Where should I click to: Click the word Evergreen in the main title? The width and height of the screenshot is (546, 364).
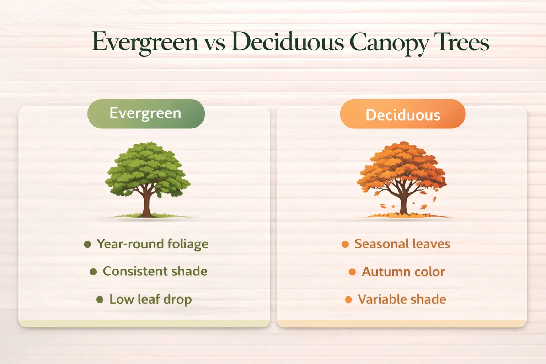[x=145, y=42]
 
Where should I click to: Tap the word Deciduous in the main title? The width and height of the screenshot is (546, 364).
[x=288, y=42]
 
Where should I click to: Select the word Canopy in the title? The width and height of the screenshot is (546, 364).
[x=389, y=43]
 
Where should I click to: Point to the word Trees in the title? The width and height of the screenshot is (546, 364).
[x=464, y=42]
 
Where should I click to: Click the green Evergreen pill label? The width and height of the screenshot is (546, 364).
[x=146, y=113]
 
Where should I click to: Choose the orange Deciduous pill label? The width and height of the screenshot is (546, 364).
[x=402, y=114]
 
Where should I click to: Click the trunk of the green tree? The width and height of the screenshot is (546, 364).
[x=146, y=204]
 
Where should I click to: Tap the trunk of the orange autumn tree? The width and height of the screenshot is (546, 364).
[x=403, y=204]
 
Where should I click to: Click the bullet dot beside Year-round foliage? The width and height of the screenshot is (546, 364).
[x=87, y=244]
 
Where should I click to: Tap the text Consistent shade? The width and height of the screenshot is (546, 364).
[x=155, y=271]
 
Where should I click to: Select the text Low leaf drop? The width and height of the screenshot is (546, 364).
[x=150, y=299]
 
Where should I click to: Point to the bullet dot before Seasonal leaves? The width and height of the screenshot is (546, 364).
[x=345, y=244]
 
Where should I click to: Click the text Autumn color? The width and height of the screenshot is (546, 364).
[x=403, y=272]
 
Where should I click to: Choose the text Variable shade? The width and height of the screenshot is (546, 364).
[x=402, y=299]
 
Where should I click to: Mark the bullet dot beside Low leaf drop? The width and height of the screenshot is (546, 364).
[x=100, y=300]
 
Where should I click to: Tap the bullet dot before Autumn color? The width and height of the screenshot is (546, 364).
[x=352, y=272]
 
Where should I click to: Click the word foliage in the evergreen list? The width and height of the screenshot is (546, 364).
[x=188, y=245]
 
